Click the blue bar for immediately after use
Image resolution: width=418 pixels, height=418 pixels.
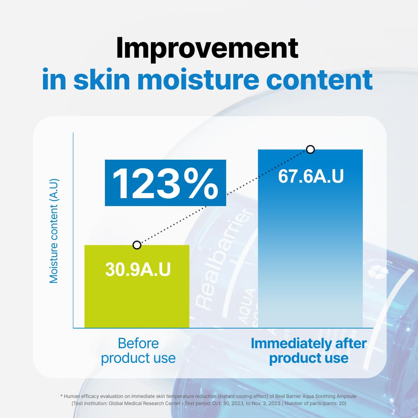coord(310,251)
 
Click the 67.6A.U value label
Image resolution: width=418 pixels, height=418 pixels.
coord(311,176)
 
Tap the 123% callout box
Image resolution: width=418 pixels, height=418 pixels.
coord(165,183)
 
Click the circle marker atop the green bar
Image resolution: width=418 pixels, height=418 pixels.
coord(137,245)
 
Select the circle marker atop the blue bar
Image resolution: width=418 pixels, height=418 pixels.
coord(310,149)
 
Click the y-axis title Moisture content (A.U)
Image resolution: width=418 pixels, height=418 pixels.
coord(54,231)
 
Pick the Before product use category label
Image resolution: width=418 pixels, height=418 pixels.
coord(138,351)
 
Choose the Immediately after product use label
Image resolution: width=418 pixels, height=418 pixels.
coord(308,351)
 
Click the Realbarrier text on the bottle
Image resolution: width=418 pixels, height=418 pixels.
coord(226,259)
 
